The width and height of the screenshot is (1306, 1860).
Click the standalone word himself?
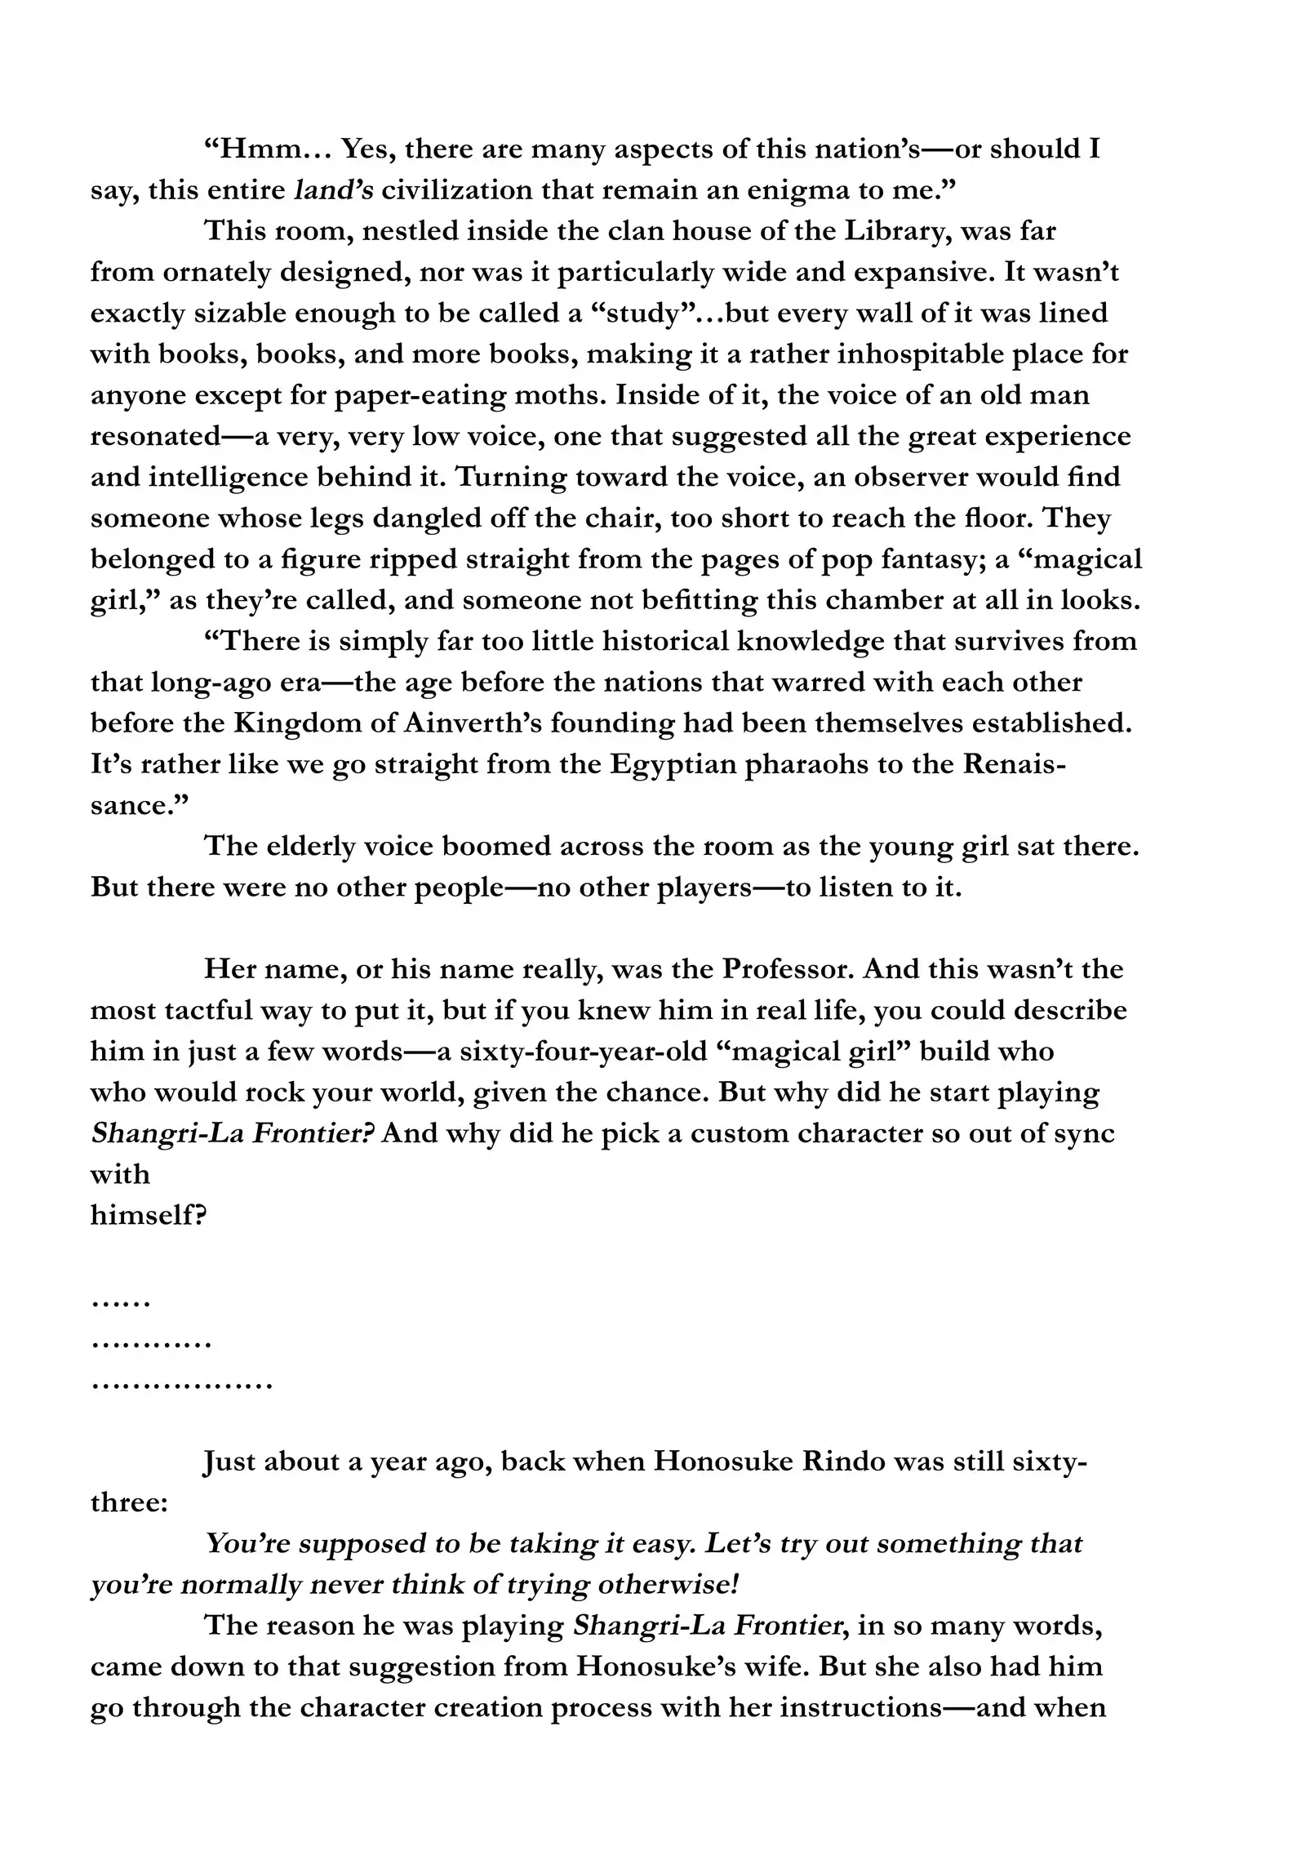click(148, 1216)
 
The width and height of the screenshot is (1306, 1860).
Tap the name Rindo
click(843, 1461)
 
